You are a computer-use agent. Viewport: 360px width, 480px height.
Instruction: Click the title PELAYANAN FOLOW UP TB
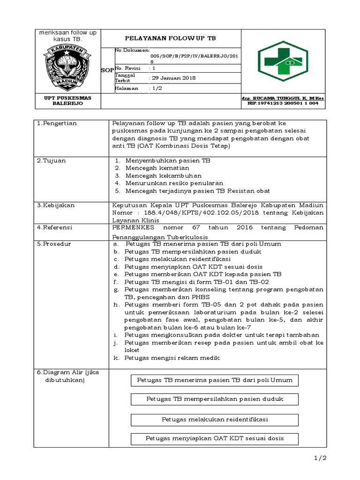(171, 38)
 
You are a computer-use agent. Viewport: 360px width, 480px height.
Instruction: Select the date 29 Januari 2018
(173, 78)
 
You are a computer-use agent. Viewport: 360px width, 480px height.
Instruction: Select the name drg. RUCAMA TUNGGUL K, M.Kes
(283, 98)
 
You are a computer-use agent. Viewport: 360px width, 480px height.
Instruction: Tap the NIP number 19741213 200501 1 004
(283, 103)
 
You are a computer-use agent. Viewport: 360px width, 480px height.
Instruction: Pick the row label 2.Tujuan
(52, 160)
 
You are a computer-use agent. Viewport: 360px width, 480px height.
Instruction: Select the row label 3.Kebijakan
(56, 205)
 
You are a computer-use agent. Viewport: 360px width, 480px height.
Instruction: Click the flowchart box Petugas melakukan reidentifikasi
(215, 419)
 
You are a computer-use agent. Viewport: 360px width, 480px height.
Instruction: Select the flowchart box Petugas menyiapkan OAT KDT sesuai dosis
(215, 439)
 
